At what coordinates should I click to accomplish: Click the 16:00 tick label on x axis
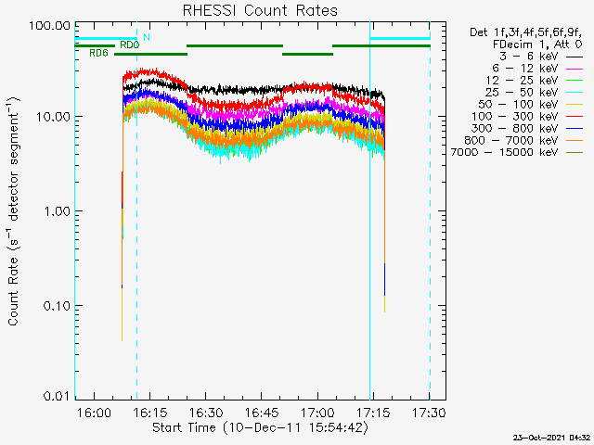point(95,412)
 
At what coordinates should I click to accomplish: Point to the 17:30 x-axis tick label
point(429,412)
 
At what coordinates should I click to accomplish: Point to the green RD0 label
point(129,44)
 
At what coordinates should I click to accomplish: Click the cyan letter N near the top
point(147,37)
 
